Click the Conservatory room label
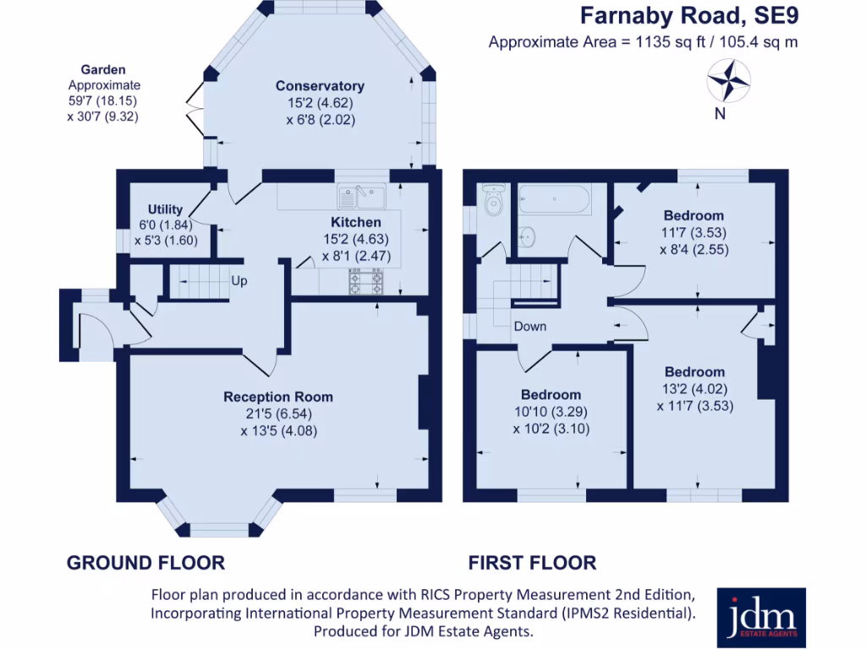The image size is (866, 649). (320, 86)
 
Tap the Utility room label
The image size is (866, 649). (165, 210)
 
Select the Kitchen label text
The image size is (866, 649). (356, 222)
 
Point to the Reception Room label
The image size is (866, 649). (278, 397)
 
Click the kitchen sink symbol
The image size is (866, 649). (362, 196)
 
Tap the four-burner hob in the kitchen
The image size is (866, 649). (365, 281)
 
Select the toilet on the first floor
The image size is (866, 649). (493, 200)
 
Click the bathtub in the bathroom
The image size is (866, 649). (555, 199)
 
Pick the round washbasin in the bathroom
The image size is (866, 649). (527, 237)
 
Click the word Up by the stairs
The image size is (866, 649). (239, 281)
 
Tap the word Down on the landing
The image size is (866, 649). (530, 326)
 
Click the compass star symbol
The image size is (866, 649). (728, 81)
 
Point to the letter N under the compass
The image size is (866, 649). (720, 114)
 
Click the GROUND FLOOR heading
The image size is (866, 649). (145, 563)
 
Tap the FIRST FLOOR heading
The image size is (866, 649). (533, 563)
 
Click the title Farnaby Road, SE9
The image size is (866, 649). (689, 15)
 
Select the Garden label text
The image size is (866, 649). (103, 69)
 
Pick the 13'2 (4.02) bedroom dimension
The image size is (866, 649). (695, 389)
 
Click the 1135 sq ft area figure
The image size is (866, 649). (671, 42)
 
